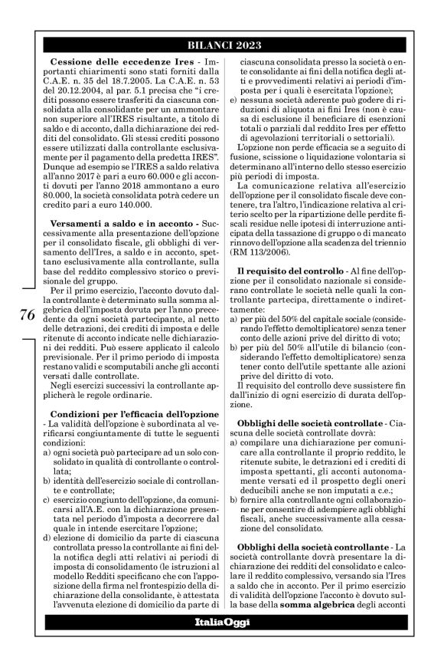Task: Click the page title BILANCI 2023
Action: click(222, 44)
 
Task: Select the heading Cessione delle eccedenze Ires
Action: click(108, 61)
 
